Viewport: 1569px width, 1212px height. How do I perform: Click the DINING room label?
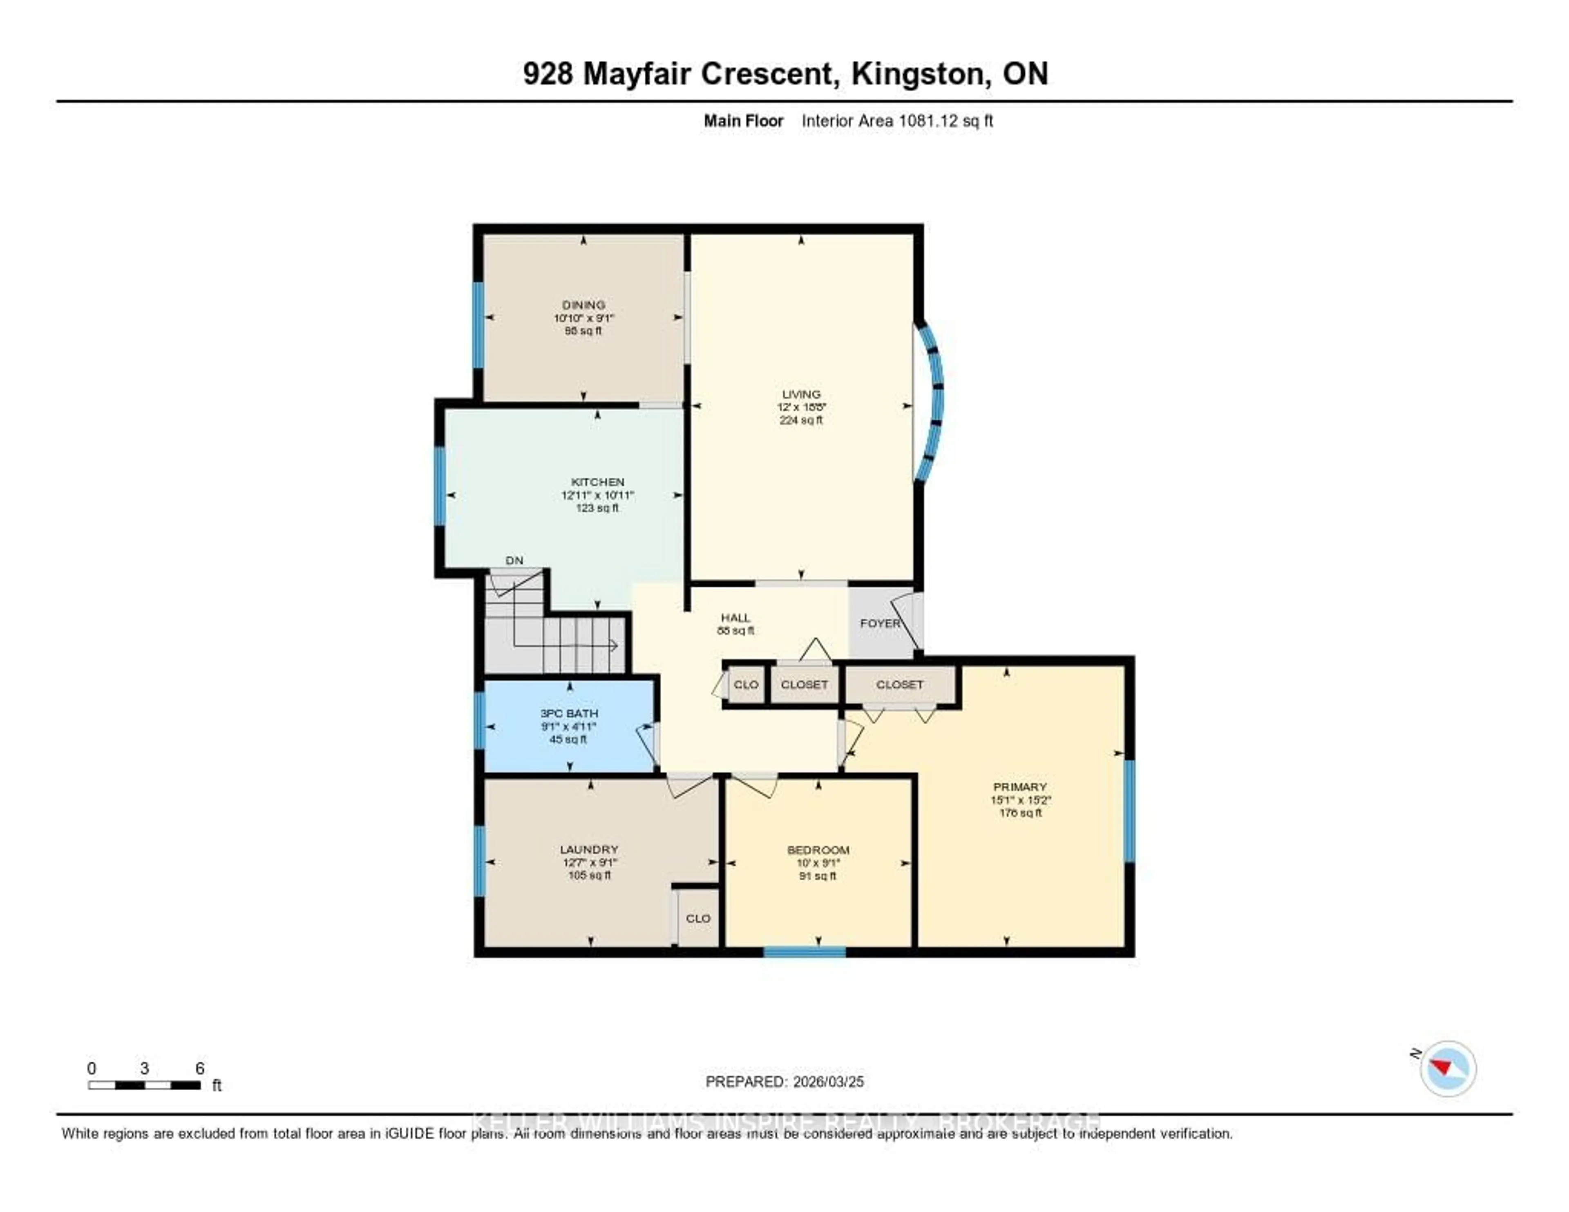[x=583, y=304]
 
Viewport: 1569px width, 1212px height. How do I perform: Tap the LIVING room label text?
[x=801, y=394]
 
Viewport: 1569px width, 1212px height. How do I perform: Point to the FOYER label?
[x=879, y=623]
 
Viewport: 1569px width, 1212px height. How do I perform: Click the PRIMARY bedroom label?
[x=1019, y=787]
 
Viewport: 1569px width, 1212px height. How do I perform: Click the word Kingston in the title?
[x=917, y=73]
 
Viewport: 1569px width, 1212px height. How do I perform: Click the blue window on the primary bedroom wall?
[x=1129, y=810]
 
